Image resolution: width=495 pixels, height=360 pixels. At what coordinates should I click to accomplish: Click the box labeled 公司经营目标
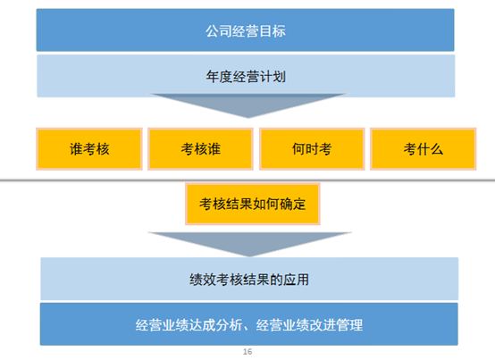coord(246,30)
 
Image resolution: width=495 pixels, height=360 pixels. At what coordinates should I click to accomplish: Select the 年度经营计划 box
coord(246,76)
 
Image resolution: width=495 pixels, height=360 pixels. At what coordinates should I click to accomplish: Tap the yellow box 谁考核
coord(89,149)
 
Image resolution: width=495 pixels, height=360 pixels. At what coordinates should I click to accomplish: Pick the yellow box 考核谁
coord(200,149)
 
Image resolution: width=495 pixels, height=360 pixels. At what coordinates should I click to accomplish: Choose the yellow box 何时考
coord(312,149)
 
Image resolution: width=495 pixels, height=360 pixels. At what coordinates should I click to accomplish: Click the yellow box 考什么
coord(423,149)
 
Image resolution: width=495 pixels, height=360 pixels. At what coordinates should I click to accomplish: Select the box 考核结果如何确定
coord(253,204)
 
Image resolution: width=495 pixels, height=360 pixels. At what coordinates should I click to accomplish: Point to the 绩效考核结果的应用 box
coord(249,279)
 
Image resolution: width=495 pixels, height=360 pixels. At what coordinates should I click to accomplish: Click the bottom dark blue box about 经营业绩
coord(249,324)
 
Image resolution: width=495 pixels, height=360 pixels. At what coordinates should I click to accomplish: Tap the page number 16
coord(247,351)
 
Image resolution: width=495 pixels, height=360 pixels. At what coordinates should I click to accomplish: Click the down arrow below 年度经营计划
coord(248,105)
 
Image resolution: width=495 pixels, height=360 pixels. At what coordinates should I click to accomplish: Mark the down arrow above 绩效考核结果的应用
coord(249,244)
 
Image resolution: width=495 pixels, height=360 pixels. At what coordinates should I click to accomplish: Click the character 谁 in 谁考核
coord(76,149)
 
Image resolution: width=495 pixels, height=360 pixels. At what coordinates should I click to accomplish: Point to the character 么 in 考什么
coord(437,149)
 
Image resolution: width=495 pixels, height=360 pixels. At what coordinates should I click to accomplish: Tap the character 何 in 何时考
coord(298,149)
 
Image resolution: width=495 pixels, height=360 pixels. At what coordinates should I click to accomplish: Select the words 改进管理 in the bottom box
coord(336,325)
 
